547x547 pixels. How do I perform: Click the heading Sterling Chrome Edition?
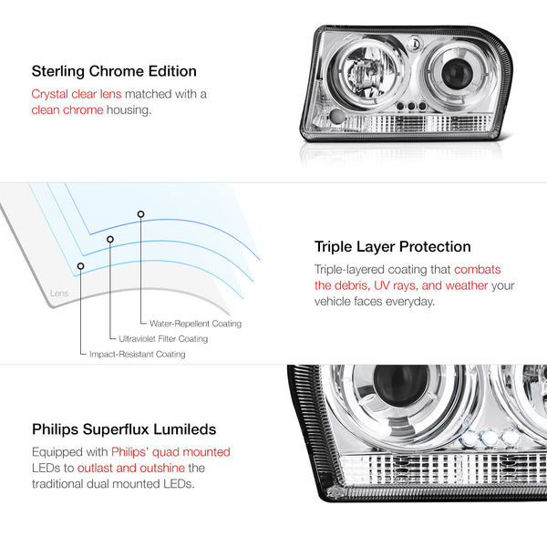click(x=114, y=71)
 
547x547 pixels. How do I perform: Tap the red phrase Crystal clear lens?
click(x=77, y=94)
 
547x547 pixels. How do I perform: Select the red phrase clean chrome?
click(x=67, y=110)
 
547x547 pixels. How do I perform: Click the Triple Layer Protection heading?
click(x=392, y=247)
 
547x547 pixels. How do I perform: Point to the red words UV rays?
click(x=396, y=285)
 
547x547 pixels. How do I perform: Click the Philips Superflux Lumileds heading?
click(x=124, y=429)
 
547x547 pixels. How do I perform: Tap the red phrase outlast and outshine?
click(x=131, y=469)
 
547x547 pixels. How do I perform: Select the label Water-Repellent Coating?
click(x=195, y=324)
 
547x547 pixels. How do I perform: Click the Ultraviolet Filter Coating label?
click(x=163, y=339)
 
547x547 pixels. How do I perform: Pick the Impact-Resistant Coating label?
click(x=138, y=355)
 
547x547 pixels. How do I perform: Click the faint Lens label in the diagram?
click(x=59, y=293)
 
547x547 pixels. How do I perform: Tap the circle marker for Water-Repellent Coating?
click(x=140, y=214)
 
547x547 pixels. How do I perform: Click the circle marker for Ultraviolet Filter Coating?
click(x=110, y=239)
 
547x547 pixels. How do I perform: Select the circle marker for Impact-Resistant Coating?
click(x=80, y=266)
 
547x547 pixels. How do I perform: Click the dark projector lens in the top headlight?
click(x=457, y=74)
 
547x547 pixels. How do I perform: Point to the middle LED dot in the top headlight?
click(x=411, y=106)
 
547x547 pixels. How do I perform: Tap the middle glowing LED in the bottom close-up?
click(x=490, y=436)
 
